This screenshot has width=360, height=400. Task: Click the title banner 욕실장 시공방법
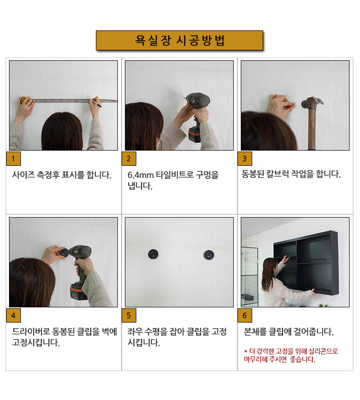(x=180, y=40)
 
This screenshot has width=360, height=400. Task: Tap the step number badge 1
(x=13, y=158)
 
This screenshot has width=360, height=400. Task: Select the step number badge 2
(x=129, y=158)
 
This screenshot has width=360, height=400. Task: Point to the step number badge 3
(x=245, y=158)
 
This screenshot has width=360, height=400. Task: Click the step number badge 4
(x=13, y=315)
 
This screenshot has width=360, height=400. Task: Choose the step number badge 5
(x=129, y=315)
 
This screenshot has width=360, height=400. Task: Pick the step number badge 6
(x=245, y=315)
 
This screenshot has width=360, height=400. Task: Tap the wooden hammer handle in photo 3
(x=313, y=131)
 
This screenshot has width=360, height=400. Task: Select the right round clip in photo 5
(x=208, y=255)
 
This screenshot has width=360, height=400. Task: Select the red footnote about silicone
(x=291, y=355)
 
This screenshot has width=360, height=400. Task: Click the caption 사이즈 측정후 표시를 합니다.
(x=62, y=174)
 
